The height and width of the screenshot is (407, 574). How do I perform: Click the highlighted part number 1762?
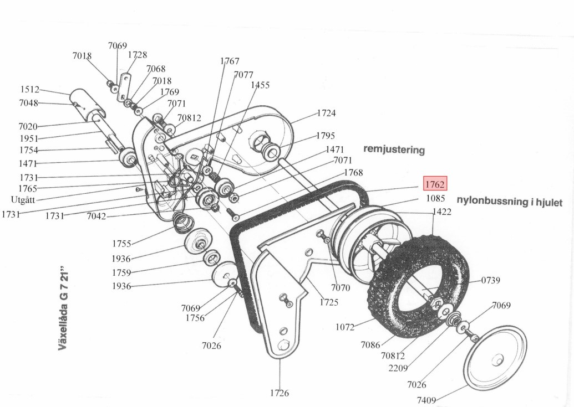tap(434, 184)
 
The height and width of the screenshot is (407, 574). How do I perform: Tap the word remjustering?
tap(394, 150)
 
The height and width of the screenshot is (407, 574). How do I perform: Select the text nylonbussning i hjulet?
tap(509, 202)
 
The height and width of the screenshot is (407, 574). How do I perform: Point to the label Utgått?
tap(23, 199)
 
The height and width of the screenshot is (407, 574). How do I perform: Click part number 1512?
tap(29, 90)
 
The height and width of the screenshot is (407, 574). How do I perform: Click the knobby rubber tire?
tap(419, 282)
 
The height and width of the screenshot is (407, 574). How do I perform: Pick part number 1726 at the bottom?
tap(280, 393)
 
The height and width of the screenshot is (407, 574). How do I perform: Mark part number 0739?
tap(490, 281)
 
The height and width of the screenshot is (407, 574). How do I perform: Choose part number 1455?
tap(260, 85)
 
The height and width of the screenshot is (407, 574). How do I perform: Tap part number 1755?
tap(121, 244)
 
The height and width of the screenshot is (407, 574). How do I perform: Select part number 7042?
tap(96, 216)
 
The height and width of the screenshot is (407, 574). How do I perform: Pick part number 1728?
tap(138, 55)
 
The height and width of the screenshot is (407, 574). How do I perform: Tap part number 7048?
tap(28, 103)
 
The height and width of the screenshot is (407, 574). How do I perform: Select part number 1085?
tap(435, 198)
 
